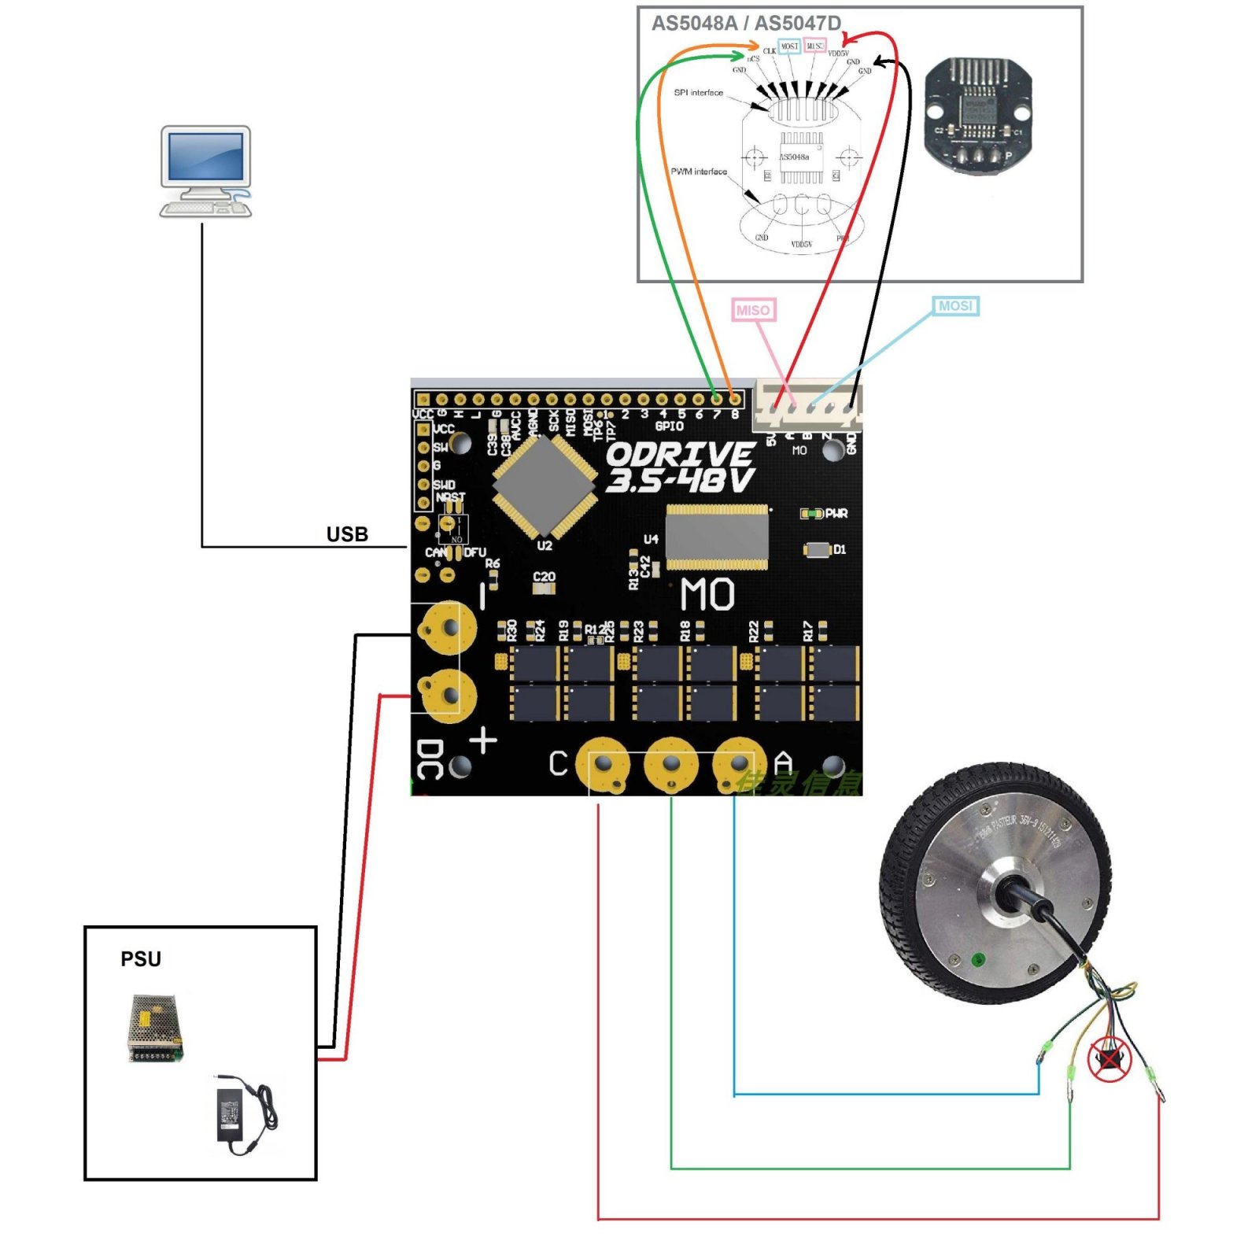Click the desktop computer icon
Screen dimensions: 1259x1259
pos(205,171)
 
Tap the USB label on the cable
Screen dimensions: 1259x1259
pos(347,534)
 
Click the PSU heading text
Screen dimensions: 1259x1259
pos(141,958)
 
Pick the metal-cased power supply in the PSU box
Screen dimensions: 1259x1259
pos(155,1028)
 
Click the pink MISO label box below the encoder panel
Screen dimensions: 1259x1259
pos(753,310)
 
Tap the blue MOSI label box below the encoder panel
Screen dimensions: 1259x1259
pos(955,305)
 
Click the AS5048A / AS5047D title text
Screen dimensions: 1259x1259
pos(746,24)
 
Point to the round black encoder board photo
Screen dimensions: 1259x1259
pos(977,115)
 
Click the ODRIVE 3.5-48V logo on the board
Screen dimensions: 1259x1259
pos(681,467)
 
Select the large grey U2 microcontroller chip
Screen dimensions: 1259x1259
pos(544,483)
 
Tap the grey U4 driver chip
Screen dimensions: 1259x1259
pos(717,537)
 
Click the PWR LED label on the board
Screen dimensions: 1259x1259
pos(836,514)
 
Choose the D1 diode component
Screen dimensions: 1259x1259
pos(818,549)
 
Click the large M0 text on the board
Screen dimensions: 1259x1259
pos(707,594)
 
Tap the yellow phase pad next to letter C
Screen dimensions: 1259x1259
pos(603,764)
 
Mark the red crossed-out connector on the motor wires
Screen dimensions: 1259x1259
pos(1109,1059)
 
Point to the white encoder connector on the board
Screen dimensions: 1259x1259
pos(807,404)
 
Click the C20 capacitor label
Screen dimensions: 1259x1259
pos(544,577)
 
